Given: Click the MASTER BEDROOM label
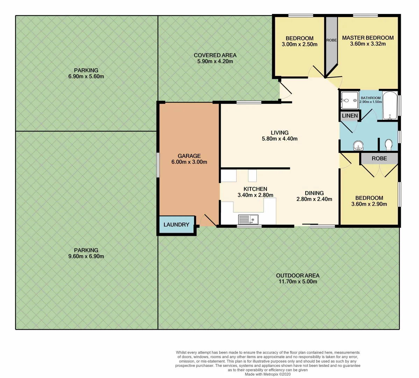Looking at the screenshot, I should click(368, 38).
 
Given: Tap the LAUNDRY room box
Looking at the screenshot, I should click(176, 225).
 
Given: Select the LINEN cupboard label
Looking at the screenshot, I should click(350, 115).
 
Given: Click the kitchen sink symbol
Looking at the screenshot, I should click(248, 219).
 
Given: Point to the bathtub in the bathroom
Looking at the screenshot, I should click(390, 105).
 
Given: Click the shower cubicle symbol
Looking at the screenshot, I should click(349, 101).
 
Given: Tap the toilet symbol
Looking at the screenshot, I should click(388, 144).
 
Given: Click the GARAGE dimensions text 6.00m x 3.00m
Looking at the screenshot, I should click(189, 162).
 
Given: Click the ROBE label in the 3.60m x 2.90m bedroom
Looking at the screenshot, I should click(379, 159).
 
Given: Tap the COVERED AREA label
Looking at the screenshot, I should click(215, 55).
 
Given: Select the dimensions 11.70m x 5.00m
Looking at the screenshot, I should click(298, 281).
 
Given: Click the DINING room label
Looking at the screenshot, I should click(314, 193).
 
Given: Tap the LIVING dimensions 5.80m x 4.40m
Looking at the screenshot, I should click(279, 139).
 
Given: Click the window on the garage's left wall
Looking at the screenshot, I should click(158, 164).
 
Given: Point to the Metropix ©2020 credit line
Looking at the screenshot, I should click(268, 374).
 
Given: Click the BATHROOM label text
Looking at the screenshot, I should click(370, 98).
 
